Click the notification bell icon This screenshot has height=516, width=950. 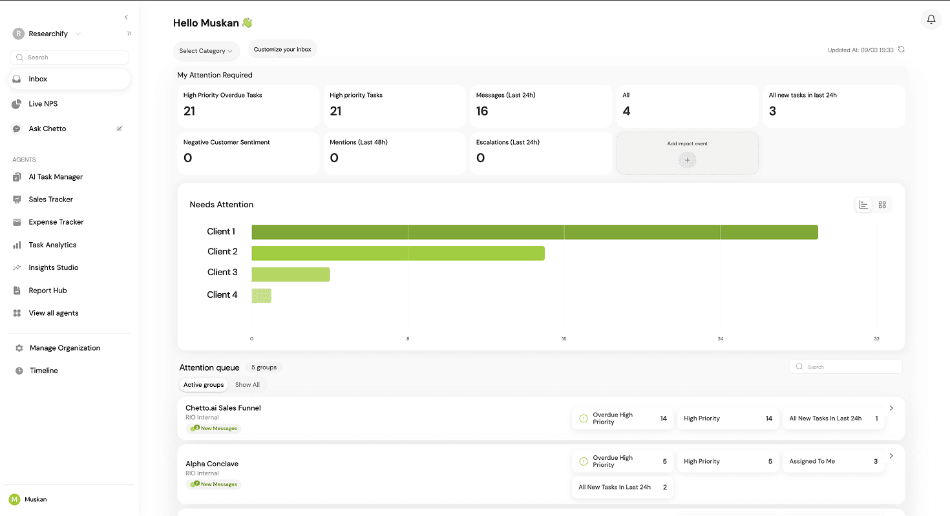[931, 19]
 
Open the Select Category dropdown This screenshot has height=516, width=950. [206, 51]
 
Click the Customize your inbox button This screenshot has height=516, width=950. [282, 50]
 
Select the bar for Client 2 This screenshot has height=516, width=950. [397, 253]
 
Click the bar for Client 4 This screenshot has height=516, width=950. [262, 296]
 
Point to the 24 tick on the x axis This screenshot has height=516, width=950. [721, 338]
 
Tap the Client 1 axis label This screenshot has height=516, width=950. [221, 232]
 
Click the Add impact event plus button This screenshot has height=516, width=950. [687, 160]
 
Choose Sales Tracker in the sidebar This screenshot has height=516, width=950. [50, 200]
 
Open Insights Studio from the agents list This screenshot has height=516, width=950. [53, 267]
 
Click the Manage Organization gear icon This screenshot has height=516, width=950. [19, 348]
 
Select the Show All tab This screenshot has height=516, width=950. [248, 385]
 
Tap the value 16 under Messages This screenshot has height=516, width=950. [482, 111]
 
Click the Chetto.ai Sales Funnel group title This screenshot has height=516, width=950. [223, 408]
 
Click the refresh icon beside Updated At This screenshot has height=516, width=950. [902, 50]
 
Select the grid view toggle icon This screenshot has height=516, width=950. [882, 205]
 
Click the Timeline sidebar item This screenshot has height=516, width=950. [43, 371]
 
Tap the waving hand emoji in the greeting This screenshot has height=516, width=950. [247, 23]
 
